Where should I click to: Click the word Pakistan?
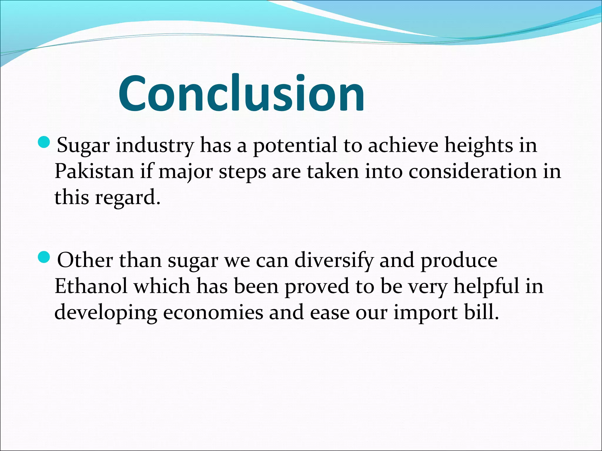94,171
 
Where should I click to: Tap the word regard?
128,198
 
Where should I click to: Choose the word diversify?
334,260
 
